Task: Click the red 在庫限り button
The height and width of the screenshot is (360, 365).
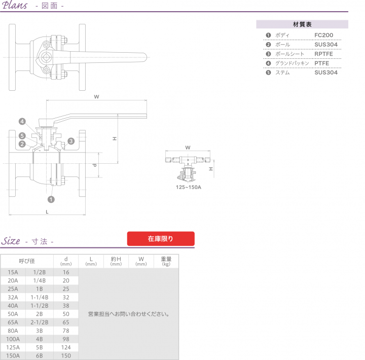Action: tap(161, 238)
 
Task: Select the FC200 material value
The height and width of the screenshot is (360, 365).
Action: tap(323, 35)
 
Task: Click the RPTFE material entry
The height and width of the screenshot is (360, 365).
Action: tap(323, 54)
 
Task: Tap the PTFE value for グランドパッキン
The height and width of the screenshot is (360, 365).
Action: tap(322, 63)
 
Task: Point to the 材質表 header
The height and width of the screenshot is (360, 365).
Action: tap(302, 24)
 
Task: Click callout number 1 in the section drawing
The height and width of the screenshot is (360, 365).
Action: tap(51, 199)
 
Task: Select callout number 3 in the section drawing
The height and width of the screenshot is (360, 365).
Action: tap(71, 141)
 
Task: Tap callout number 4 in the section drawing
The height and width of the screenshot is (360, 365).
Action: tap(22, 121)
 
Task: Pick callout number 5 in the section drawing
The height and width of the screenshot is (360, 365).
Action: tap(22, 136)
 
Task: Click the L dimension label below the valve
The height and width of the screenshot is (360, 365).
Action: tap(47, 212)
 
